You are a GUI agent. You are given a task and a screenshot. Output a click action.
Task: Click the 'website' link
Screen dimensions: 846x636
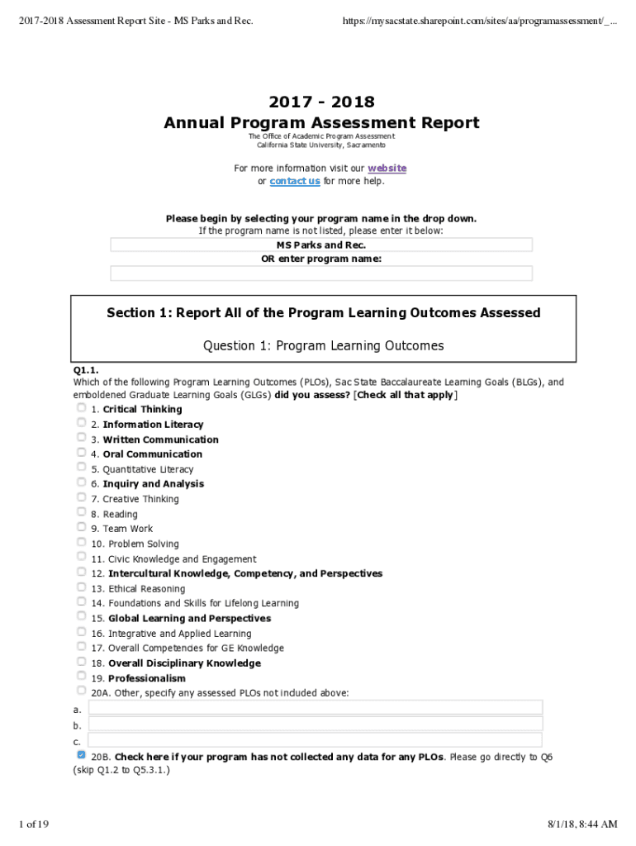[x=387, y=168]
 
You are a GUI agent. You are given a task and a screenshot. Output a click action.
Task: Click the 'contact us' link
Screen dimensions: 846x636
[x=295, y=181]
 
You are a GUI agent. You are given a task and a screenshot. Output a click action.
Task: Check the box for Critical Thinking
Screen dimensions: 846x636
[x=81, y=408]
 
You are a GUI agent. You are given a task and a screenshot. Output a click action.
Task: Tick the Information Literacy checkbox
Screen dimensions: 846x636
[x=81, y=423]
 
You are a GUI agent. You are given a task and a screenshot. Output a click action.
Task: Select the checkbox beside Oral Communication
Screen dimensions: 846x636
[x=81, y=453]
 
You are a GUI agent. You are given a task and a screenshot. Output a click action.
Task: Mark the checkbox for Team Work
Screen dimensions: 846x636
[x=81, y=527]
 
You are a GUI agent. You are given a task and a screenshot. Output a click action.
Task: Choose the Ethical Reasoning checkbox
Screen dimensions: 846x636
[x=81, y=587]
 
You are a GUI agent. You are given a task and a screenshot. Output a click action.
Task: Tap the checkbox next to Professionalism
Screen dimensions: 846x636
[x=81, y=677]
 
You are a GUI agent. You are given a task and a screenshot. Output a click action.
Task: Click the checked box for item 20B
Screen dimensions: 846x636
[x=81, y=755]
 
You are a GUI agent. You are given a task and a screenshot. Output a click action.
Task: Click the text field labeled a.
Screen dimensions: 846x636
[x=315, y=707]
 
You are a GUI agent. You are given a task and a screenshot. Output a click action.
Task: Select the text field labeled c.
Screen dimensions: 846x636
[x=315, y=739]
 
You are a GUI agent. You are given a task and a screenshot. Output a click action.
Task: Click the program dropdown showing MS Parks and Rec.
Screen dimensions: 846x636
[x=321, y=245]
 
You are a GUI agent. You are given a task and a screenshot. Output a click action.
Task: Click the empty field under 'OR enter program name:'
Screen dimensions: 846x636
[x=321, y=273]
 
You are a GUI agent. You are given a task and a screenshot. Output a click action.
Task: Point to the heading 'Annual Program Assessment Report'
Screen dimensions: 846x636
[x=321, y=123]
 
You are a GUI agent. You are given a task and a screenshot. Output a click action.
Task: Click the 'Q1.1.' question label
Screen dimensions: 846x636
[x=86, y=370]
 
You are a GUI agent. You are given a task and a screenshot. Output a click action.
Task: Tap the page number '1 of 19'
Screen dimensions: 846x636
[x=36, y=824]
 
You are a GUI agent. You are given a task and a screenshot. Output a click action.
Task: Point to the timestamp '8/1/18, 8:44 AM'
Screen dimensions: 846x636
[x=581, y=824]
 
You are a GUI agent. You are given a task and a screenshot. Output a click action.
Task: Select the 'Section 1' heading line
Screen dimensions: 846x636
[x=324, y=313]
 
